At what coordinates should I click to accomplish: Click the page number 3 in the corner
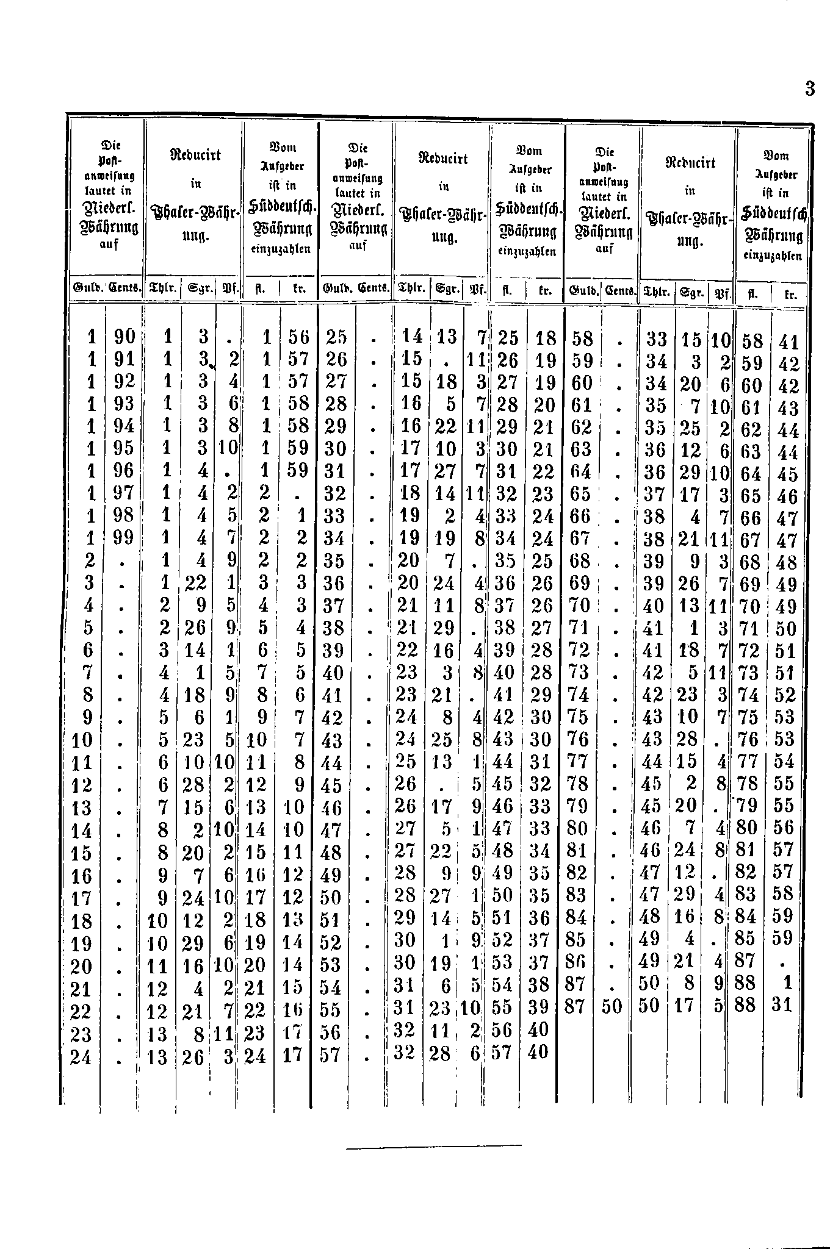(809, 90)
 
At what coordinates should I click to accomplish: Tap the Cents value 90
(124, 336)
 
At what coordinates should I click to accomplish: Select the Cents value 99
(124, 537)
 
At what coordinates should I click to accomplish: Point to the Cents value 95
(124, 448)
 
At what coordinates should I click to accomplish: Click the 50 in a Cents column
(611, 1006)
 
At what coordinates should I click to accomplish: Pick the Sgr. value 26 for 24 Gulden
(193, 1058)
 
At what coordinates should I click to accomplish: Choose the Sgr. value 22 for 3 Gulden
(195, 583)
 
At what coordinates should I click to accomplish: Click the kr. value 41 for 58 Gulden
(789, 343)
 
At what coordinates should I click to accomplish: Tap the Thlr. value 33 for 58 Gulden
(656, 340)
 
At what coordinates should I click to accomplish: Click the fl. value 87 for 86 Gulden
(746, 961)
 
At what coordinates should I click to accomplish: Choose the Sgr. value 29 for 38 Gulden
(445, 628)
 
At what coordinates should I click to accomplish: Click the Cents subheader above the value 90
(125, 287)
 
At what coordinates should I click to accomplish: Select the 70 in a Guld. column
(581, 606)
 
